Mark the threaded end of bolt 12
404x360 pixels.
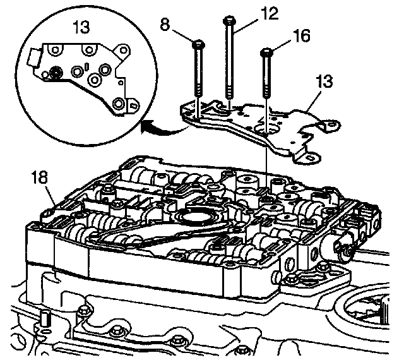coord(230,95)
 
